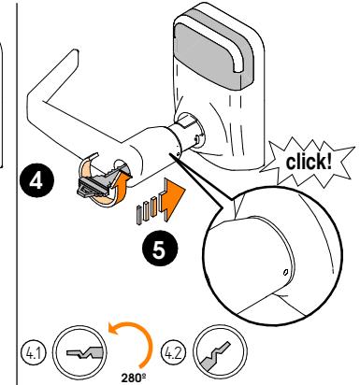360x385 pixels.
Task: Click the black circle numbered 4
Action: click(36, 180)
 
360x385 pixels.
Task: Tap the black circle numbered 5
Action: click(160, 249)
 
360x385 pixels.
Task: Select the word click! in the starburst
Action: click(309, 162)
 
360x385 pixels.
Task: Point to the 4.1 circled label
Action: click(33, 353)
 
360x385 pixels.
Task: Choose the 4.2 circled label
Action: click(173, 353)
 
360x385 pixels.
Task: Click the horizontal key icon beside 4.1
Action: click(84, 352)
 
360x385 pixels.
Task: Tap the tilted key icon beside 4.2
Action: click(216, 355)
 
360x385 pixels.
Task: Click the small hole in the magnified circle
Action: click(285, 273)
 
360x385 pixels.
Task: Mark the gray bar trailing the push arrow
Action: click(138, 215)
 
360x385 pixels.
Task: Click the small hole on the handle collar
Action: click(178, 153)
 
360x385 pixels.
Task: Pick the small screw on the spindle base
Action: click(197, 138)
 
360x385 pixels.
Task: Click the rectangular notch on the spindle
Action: click(186, 121)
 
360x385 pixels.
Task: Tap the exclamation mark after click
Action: click(329, 162)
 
